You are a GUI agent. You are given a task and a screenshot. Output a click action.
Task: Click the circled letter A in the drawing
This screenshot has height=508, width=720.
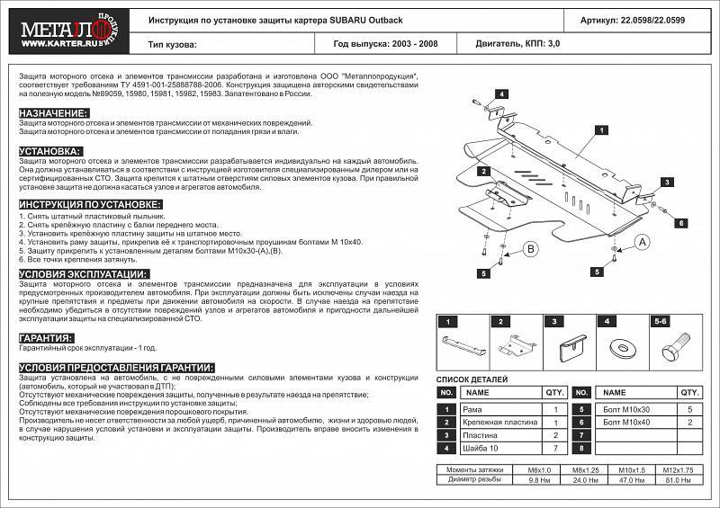643,242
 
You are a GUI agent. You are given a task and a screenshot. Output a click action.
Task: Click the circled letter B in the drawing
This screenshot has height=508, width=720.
531,249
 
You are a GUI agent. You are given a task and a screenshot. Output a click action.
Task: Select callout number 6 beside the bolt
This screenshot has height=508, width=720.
681,223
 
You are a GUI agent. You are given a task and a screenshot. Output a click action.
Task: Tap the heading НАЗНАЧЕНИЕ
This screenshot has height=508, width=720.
53,112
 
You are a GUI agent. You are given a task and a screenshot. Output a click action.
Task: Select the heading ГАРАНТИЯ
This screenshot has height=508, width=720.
46,338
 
